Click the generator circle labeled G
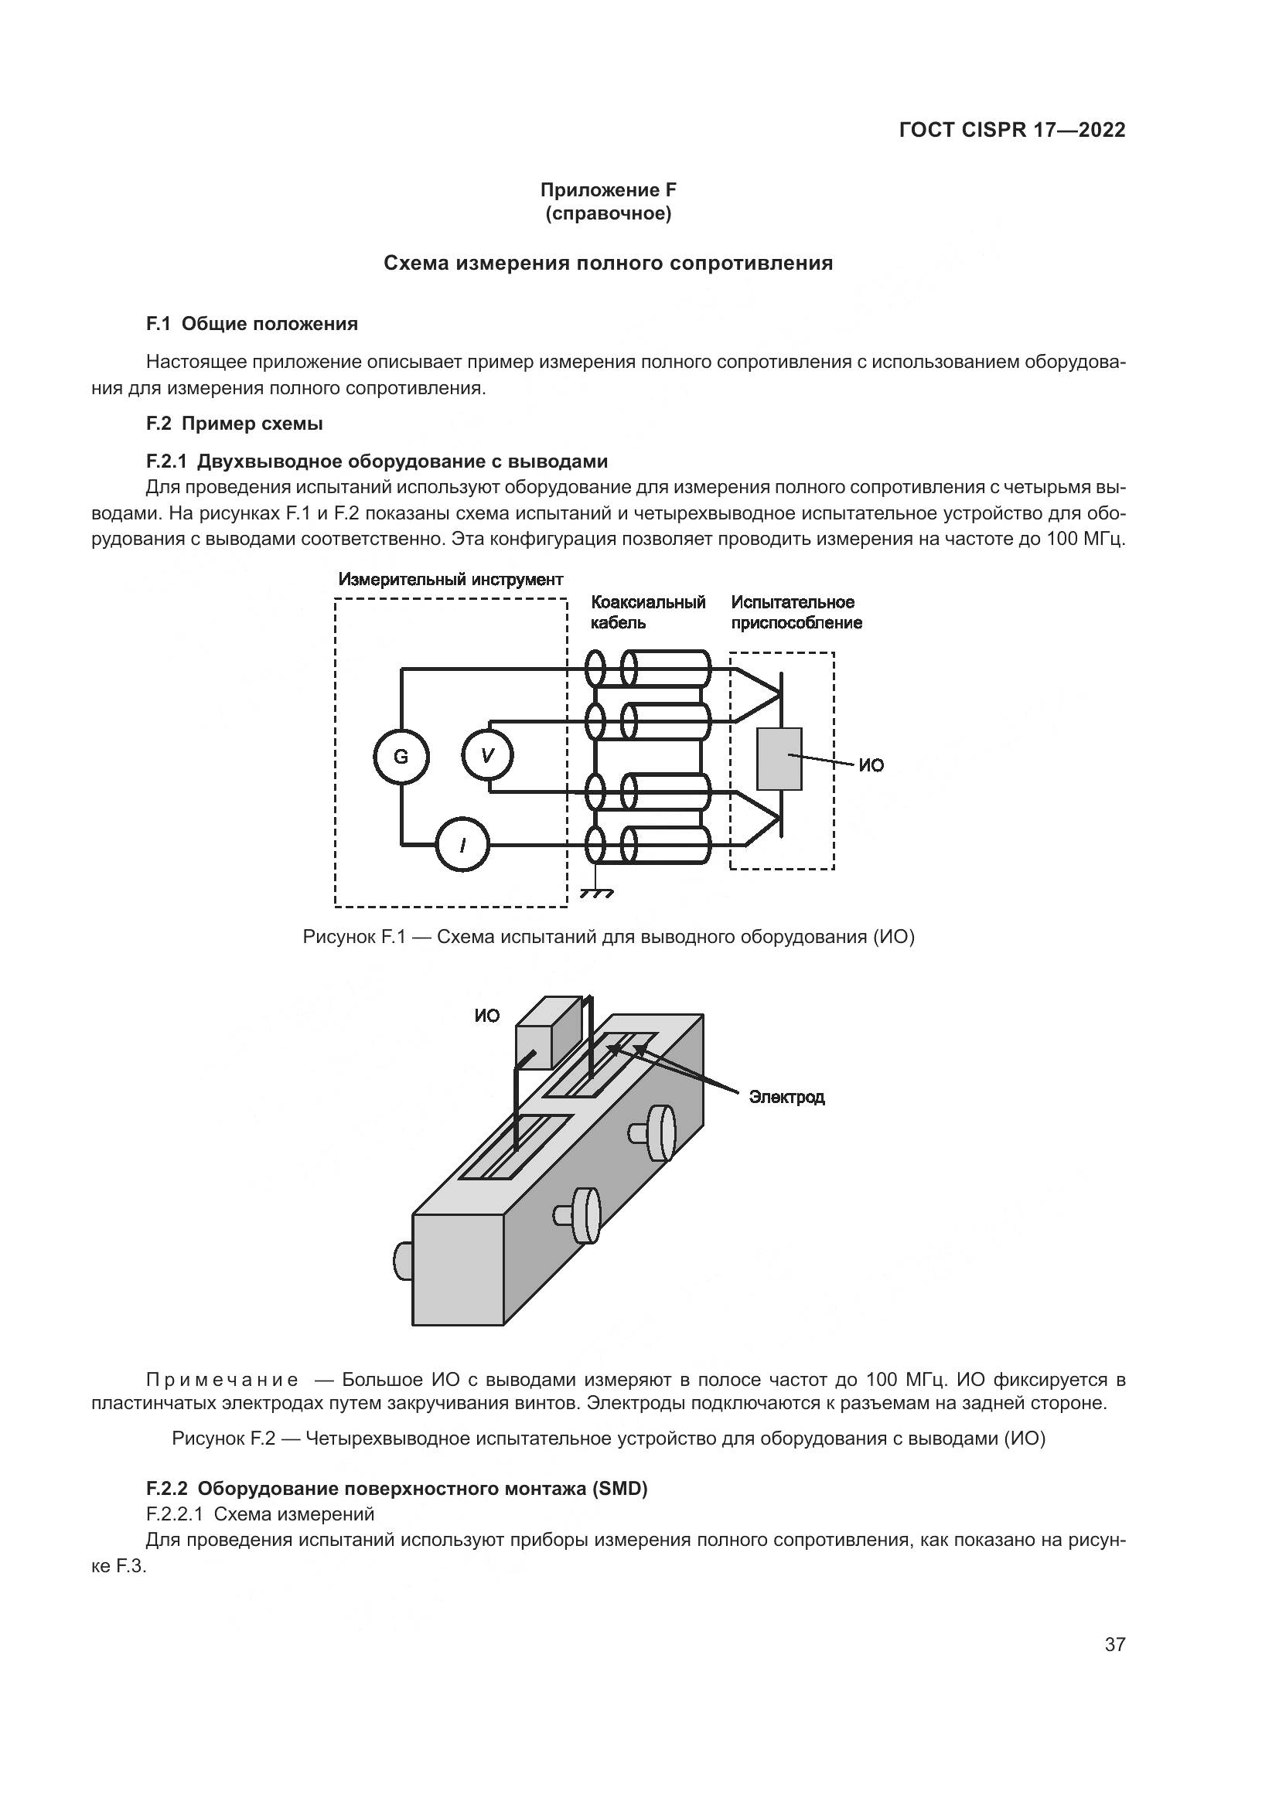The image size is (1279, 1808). pyautogui.click(x=401, y=757)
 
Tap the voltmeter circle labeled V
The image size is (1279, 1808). pyautogui.click(x=487, y=756)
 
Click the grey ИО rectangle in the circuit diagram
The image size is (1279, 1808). pyautogui.click(x=779, y=758)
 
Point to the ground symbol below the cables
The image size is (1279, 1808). pyautogui.click(x=596, y=893)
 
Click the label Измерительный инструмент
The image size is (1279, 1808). pyautogui.click(x=451, y=580)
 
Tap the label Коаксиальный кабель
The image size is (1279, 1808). pyautogui.click(x=647, y=613)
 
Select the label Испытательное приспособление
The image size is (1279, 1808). pyautogui.click(x=796, y=613)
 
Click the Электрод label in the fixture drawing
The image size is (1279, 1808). pyautogui.click(x=786, y=1097)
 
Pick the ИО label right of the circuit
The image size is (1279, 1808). pyautogui.click(x=871, y=765)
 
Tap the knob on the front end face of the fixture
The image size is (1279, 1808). pyautogui.click(x=402, y=1261)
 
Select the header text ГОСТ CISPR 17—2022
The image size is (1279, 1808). pyautogui.click(x=1012, y=130)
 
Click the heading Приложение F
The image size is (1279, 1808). pyautogui.click(x=608, y=190)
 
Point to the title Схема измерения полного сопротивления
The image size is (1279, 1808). pyautogui.click(x=608, y=263)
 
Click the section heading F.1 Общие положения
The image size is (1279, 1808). pyautogui.click(x=252, y=324)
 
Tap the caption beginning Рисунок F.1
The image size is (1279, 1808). pyautogui.click(x=608, y=937)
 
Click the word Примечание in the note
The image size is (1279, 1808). pyautogui.click(x=222, y=1380)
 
